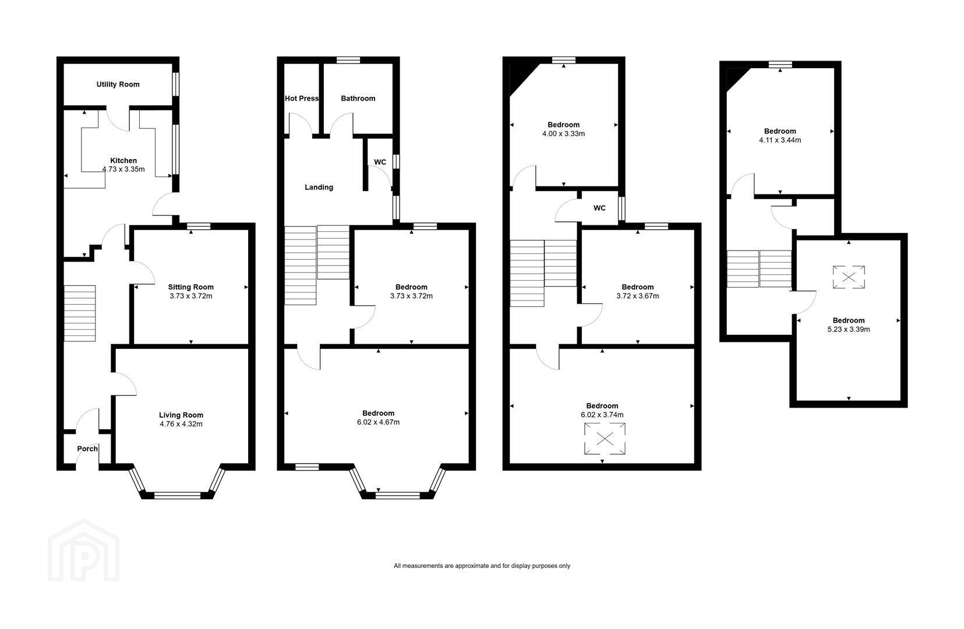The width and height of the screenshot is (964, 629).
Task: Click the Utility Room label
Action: (x=118, y=84)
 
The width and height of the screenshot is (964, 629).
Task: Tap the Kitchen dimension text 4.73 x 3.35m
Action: (x=123, y=169)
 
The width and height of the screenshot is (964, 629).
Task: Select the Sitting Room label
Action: (x=190, y=287)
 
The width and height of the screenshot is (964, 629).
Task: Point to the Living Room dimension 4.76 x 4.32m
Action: (x=181, y=424)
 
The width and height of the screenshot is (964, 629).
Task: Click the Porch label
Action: (x=87, y=448)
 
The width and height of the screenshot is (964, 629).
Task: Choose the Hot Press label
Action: (x=302, y=98)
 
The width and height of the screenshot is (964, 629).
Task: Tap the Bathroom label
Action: (x=358, y=98)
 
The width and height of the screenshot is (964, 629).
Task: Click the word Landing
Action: (x=319, y=187)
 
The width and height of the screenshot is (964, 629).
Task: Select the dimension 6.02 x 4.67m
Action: (x=378, y=422)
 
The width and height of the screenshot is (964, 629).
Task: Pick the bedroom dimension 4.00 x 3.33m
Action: (x=563, y=134)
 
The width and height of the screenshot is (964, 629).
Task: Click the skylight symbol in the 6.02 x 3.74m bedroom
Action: (x=605, y=439)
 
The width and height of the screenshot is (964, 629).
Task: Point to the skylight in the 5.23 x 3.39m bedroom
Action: (x=849, y=277)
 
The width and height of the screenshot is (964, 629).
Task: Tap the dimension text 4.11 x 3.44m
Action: (x=780, y=140)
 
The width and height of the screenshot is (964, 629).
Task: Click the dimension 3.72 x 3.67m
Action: (x=637, y=296)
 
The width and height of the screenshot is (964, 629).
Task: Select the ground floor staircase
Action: (x=80, y=313)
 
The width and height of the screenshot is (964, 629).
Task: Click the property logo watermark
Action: (x=83, y=550)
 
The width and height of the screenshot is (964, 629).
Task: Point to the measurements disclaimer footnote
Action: (x=482, y=566)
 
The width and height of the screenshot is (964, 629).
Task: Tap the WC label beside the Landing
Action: (x=380, y=162)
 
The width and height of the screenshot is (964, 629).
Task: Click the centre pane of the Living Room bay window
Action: (x=177, y=496)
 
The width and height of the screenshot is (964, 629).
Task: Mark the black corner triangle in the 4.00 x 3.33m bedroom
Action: (x=520, y=76)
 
